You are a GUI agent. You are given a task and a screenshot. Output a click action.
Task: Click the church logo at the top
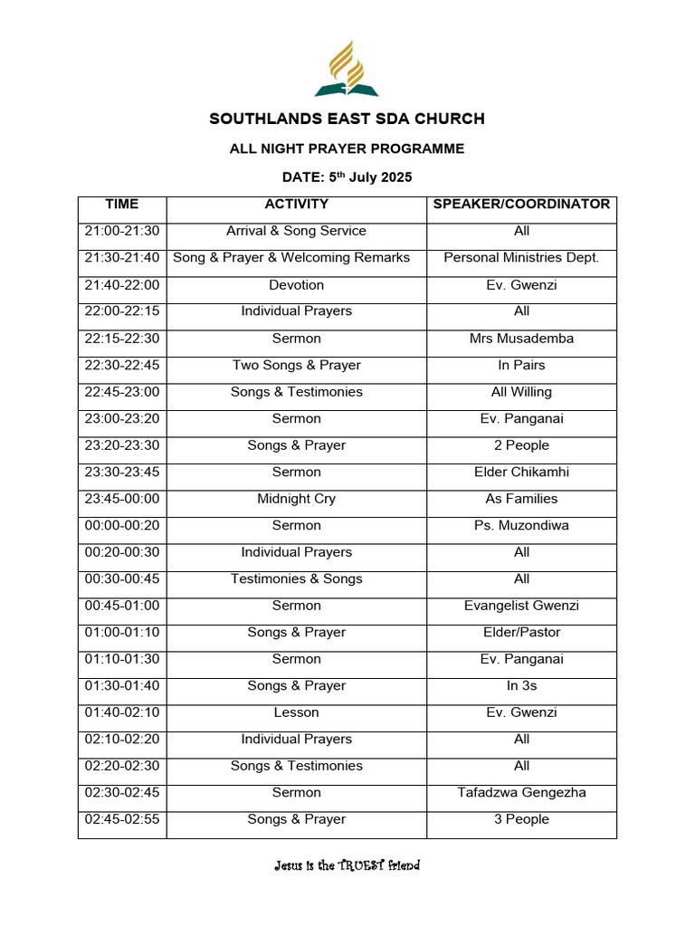[347, 69]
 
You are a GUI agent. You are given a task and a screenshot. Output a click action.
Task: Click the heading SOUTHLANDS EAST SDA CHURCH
[347, 119]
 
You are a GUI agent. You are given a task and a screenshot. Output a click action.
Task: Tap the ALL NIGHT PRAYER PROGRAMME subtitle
[347, 148]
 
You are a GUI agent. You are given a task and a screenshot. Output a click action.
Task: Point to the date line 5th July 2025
[347, 177]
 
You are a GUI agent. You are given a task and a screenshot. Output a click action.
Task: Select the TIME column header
[122, 205]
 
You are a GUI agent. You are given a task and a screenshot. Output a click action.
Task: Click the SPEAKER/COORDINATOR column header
[521, 205]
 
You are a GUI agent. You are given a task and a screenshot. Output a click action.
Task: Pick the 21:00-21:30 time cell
[122, 232]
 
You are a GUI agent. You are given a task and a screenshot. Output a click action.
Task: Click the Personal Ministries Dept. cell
[521, 258]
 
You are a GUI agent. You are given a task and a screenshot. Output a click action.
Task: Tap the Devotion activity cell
[296, 285]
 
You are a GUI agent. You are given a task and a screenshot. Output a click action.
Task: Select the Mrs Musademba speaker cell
[521, 339]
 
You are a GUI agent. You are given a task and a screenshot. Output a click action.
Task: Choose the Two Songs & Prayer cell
[296, 366]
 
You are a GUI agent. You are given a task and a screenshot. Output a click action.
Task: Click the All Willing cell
[521, 392]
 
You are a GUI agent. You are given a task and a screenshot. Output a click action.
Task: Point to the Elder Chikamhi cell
[521, 473]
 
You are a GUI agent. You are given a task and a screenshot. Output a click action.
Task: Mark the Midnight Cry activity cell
[296, 499]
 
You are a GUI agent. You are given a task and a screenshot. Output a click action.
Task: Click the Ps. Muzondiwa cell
[521, 526]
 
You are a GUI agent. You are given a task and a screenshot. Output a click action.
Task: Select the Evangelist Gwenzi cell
[521, 606]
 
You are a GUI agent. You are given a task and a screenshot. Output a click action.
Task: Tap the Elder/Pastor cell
[521, 633]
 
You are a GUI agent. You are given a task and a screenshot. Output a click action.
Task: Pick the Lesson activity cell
[296, 712]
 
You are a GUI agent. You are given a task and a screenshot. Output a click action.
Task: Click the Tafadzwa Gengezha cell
[521, 793]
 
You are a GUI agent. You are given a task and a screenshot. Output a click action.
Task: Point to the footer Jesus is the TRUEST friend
[347, 866]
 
